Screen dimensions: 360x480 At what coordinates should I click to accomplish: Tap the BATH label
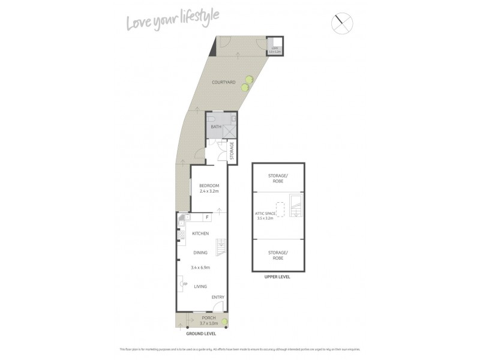coord(216,127)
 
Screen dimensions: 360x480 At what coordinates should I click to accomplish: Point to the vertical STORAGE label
coord(232,151)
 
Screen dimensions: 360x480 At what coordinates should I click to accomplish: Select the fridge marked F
coord(207,217)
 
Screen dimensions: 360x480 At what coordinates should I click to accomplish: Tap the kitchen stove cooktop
coord(181,227)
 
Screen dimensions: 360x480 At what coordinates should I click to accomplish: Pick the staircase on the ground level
coord(221,247)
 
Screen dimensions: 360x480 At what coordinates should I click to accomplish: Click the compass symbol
coord(342,23)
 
